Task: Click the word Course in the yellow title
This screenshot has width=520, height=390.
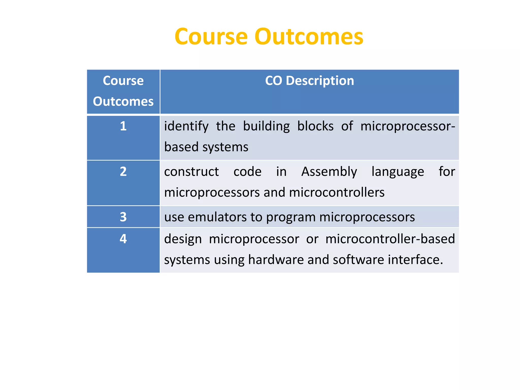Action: [211, 37]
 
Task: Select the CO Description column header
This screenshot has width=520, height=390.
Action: [309, 81]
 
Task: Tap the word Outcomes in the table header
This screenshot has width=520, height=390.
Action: [123, 102]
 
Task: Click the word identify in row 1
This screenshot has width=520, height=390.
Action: [186, 126]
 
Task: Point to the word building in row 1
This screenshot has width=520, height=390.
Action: [266, 126]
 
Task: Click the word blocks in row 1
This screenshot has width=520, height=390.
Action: [315, 126]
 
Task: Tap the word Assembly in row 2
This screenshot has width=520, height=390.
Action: [329, 172]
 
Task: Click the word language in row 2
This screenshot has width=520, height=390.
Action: [398, 172]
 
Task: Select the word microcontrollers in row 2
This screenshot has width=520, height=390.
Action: [337, 192]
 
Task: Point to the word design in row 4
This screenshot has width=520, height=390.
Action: [183, 239]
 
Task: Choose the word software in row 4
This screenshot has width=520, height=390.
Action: [358, 260]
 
